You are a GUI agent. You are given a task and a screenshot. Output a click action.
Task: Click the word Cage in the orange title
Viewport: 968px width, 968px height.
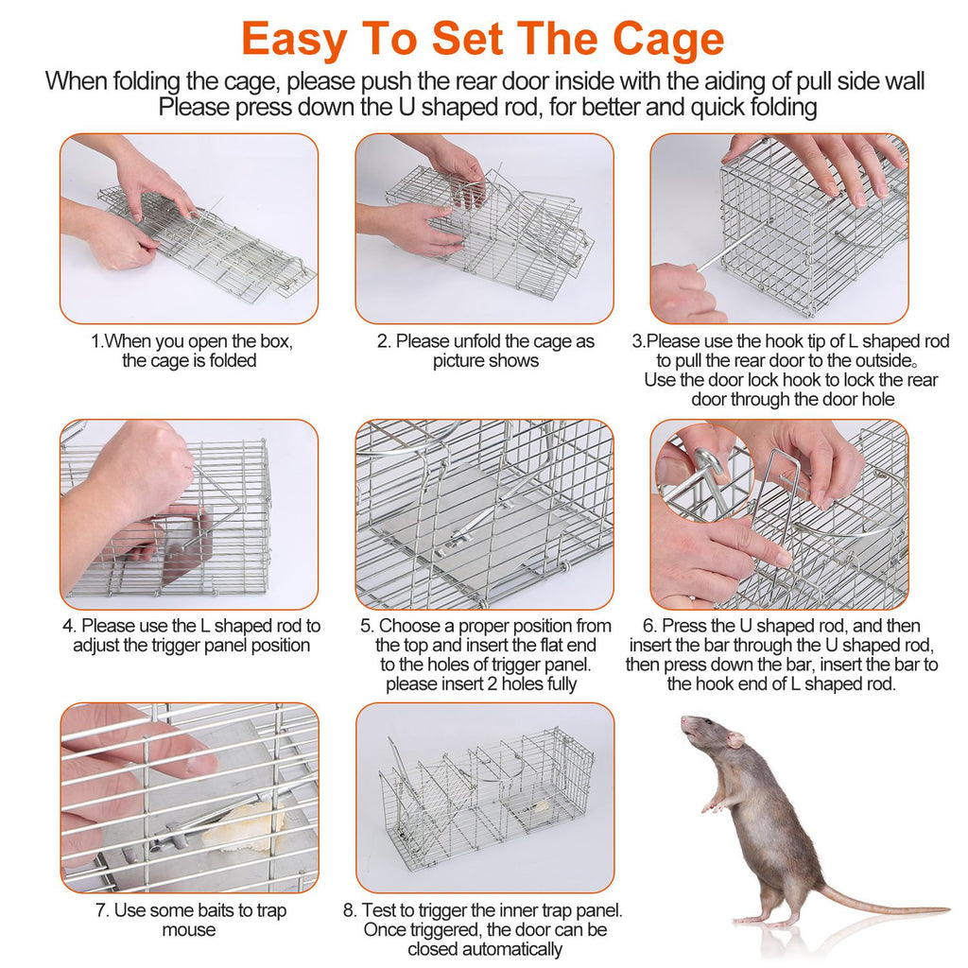click(668, 39)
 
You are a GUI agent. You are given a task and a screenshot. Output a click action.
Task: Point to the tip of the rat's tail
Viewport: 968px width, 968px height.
click(945, 910)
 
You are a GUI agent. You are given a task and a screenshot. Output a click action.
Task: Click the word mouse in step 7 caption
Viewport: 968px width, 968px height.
click(189, 930)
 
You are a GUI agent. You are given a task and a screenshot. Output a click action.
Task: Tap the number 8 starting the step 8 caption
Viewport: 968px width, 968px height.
click(349, 911)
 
